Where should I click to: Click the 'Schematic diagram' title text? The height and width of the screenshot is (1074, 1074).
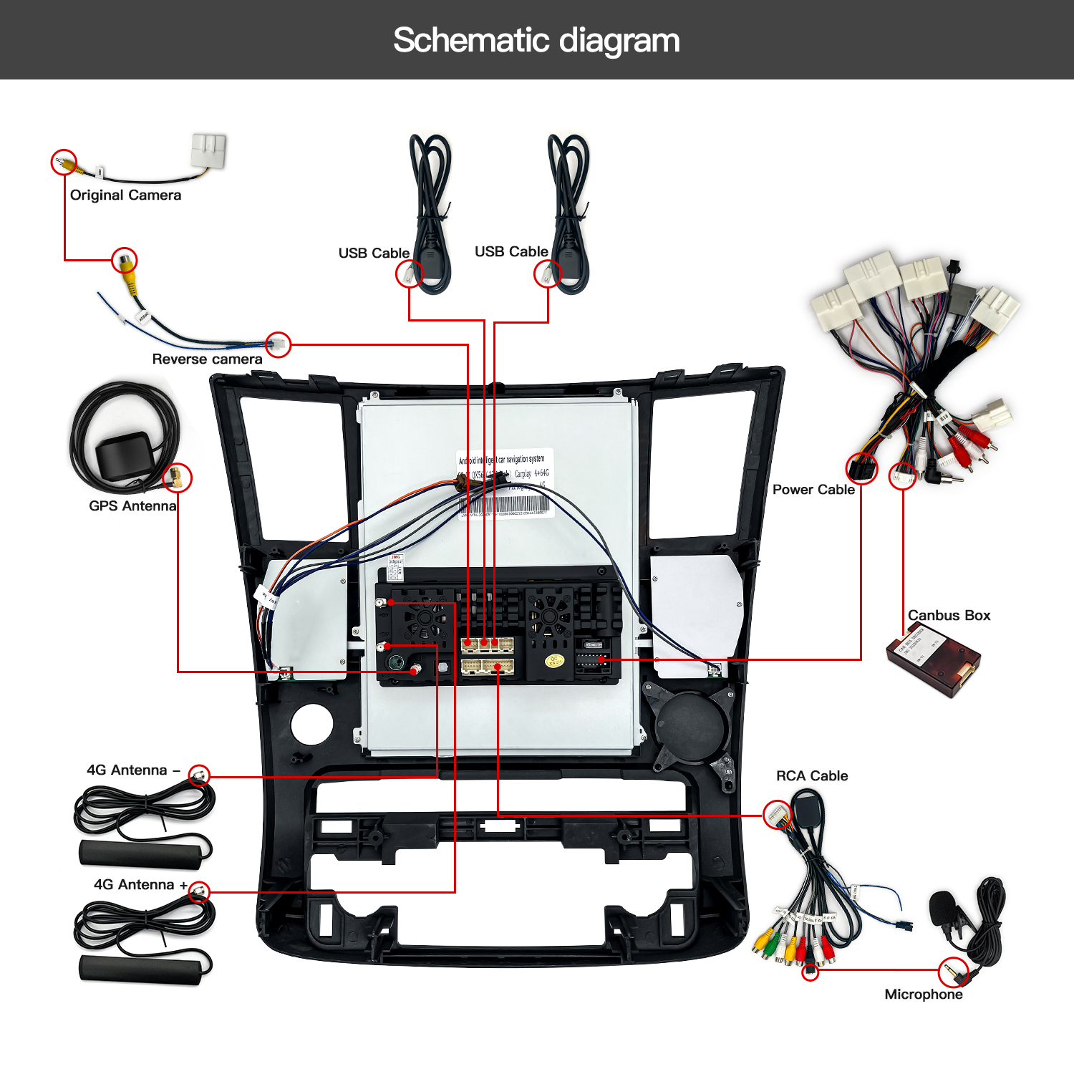[536, 40]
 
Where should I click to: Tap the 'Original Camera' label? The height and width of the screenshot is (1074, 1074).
[125, 195]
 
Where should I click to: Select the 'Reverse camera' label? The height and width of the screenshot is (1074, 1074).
[207, 359]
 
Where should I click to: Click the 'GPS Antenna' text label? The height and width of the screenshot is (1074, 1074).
[132, 505]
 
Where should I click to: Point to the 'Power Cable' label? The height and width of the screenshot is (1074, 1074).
[813, 490]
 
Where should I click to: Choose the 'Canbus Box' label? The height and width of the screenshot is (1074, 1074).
[949, 615]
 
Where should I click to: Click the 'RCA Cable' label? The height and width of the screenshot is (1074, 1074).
[812, 775]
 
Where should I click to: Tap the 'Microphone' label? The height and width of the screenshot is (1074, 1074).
[924, 994]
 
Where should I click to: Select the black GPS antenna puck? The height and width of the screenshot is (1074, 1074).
[123, 455]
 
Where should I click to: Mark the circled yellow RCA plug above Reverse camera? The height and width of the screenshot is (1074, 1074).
[125, 260]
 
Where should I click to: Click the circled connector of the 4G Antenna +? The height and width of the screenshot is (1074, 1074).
[199, 891]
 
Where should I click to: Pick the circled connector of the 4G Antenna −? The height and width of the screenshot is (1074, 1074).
[200, 775]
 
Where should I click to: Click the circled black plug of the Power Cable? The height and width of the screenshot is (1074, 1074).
[861, 469]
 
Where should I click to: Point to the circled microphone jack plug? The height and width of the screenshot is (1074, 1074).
[954, 972]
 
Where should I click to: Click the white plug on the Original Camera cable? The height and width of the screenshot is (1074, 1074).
[209, 150]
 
